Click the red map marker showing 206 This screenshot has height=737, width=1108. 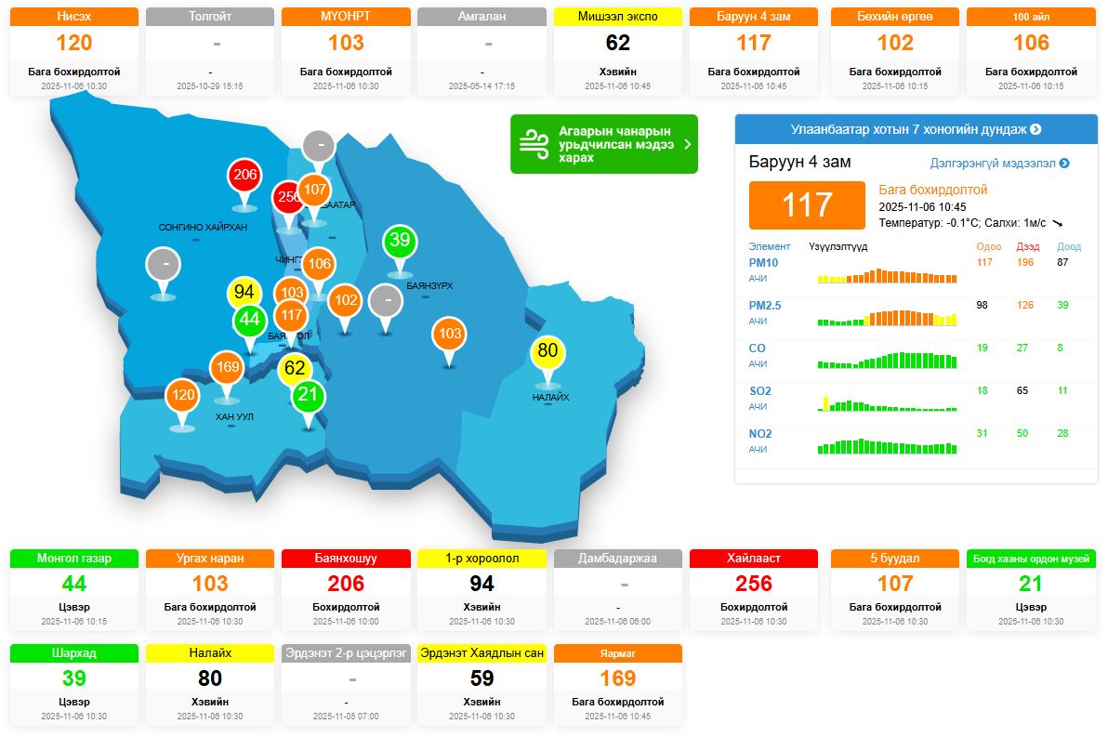click(x=244, y=176)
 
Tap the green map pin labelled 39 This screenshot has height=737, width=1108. click(x=400, y=242)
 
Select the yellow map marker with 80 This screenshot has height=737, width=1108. click(x=547, y=351)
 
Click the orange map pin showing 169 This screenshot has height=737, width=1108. click(x=227, y=367)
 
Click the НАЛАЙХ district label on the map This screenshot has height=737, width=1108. click(x=550, y=398)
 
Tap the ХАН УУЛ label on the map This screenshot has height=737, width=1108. click(x=233, y=417)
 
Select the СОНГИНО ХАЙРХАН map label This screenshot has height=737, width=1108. click(x=203, y=228)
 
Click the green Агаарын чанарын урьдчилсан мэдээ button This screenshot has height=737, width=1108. click(x=603, y=144)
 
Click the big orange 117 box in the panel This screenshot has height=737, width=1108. click(x=806, y=204)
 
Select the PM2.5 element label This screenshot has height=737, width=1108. click(x=765, y=305)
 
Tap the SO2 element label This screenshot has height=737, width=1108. click(x=760, y=391)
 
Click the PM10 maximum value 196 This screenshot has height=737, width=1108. click(x=1025, y=262)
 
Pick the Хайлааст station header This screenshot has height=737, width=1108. click(x=753, y=559)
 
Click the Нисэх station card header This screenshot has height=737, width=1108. click(x=73, y=17)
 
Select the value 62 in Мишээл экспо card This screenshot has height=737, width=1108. click(x=617, y=43)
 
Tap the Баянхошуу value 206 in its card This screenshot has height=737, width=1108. click(x=346, y=584)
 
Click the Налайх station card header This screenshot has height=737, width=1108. click(x=209, y=653)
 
